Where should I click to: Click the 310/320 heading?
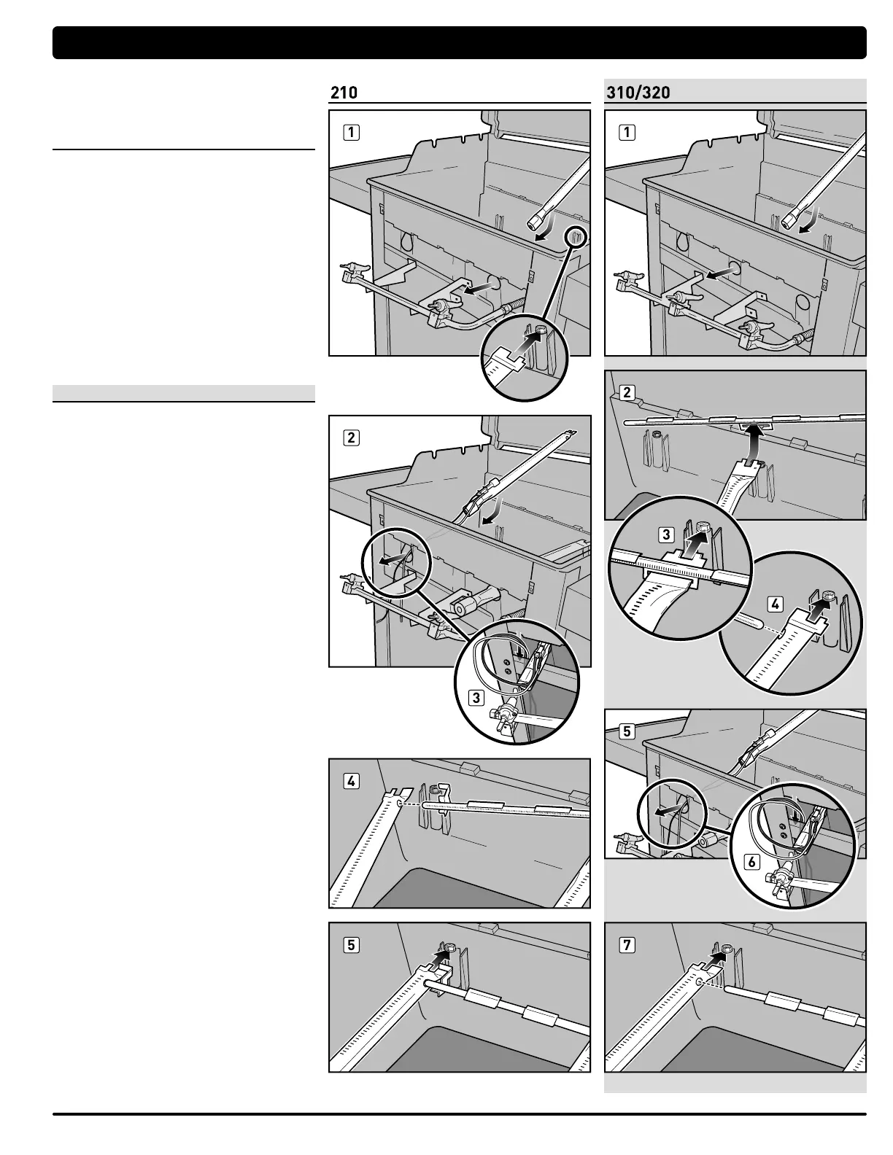click(638, 93)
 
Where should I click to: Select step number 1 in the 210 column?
click(352, 133)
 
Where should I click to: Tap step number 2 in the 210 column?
click(352, 437)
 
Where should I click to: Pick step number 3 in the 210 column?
click(476, 697)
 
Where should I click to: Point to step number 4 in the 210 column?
click(352, 781)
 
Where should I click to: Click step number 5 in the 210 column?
click(352, 945)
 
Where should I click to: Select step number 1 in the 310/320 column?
click(627, 133)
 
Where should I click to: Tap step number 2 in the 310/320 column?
click(627, 393)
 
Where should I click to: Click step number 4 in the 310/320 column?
click(776, 604)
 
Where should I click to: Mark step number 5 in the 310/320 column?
click(627, 731)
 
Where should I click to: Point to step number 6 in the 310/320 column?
click(751, 862)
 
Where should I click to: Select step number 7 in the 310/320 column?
click(627, 945)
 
